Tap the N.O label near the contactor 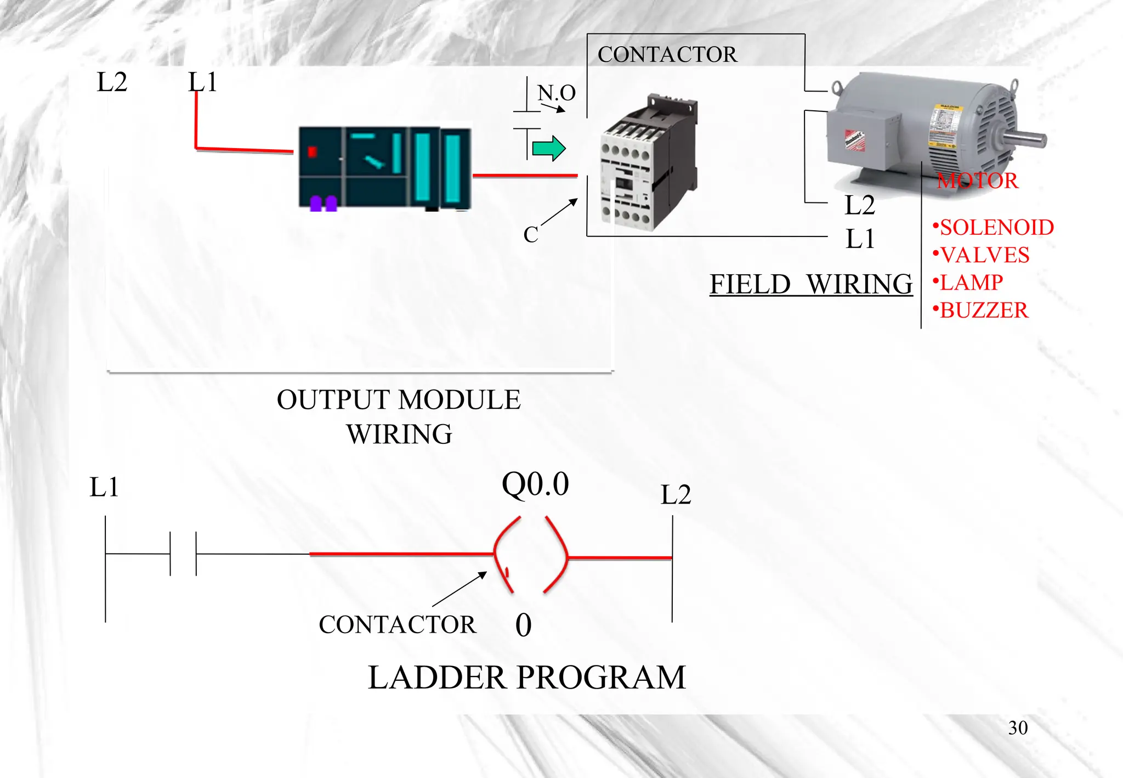click(557, 93)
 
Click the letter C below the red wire click(530, 235)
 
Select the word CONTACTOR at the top click(667, 54)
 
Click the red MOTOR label click(977, 181)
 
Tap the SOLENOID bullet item click(994, 227)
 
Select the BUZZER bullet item click(981, 311)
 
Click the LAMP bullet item click(968, 283)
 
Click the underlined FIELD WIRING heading click(810, 284)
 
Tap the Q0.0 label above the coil click(535, 484)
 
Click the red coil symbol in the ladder click(530, 555)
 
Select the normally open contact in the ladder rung click(183, 554)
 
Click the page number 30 click(1018, 728)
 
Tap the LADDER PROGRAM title click(526, 677)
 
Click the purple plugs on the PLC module click(324, 204)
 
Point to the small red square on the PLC click(313, 152)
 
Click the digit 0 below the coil click(523, 625)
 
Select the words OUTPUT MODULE click(399, 399)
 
